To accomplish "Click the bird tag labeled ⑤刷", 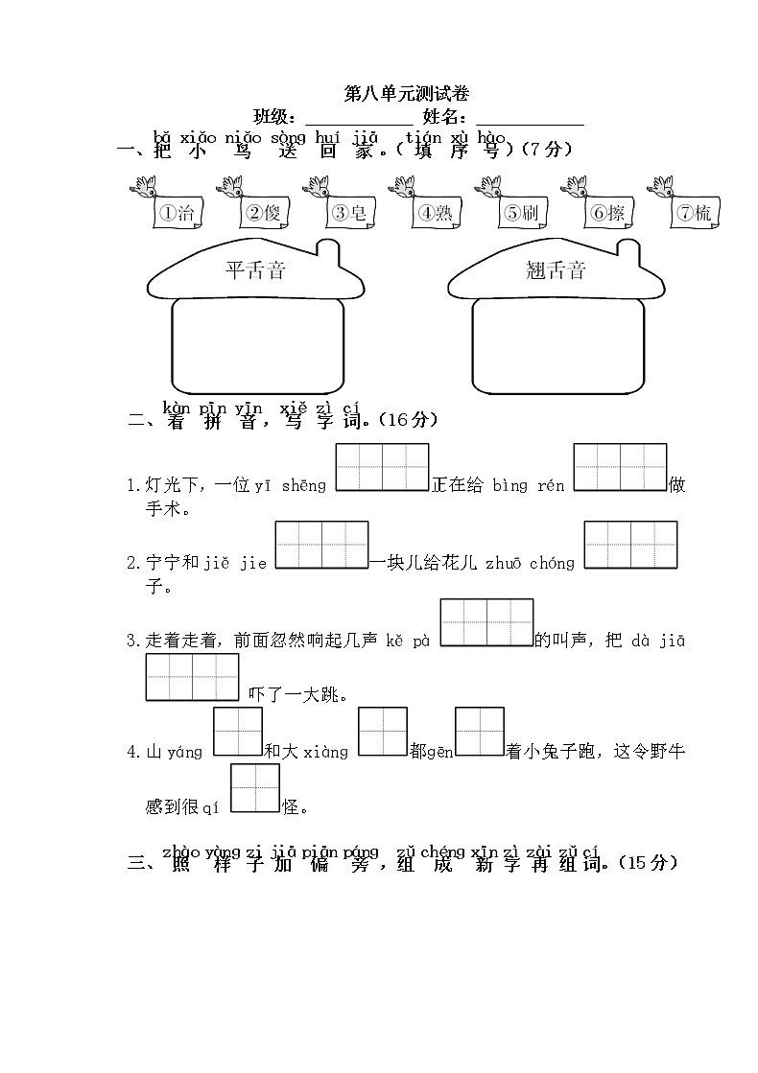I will [520, 213].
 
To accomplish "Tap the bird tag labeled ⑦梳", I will [694, 213].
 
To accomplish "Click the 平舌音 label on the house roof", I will [255, 270].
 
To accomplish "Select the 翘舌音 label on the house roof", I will [556, 270].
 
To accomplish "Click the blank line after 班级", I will [358, 119].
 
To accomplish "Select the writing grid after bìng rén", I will [620, 468].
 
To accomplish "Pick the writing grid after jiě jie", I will [321, 545].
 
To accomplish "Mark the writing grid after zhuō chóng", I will [630, 545].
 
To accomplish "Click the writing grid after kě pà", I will [486, 622].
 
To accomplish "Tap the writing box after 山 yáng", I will [237, 732].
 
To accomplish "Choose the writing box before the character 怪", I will [254, 788].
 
